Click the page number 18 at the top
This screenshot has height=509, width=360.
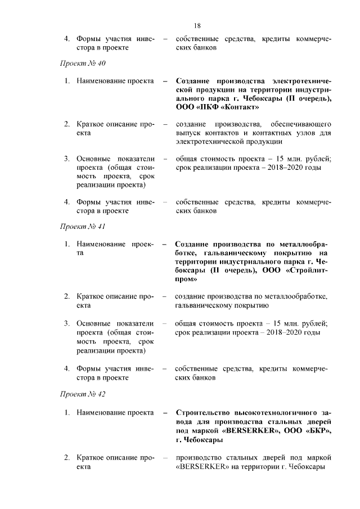point(197,25)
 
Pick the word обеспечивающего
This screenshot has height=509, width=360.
point(301,124)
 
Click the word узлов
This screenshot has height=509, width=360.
point(297,133)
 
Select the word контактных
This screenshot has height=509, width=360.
point(256,133)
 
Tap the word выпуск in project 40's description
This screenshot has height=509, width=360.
point(188,133)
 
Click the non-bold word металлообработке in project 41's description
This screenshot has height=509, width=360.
point(296,296)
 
